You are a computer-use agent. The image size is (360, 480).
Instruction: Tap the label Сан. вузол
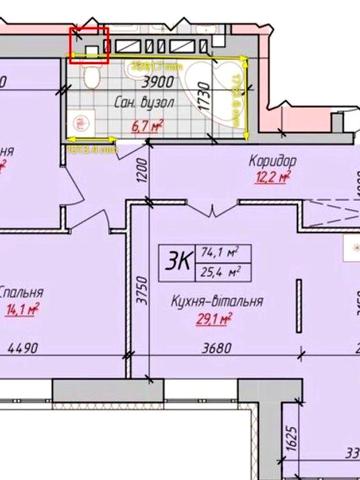click(145, 104)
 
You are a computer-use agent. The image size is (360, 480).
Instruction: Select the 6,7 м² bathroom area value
click(147, 125)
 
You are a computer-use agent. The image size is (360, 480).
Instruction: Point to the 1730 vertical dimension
click(202, 96)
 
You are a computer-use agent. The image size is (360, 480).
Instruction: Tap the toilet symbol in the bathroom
click(89, 76)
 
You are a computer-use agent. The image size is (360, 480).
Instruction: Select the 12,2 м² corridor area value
click(272, 178)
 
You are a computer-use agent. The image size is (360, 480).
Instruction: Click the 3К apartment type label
click(181, 261)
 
